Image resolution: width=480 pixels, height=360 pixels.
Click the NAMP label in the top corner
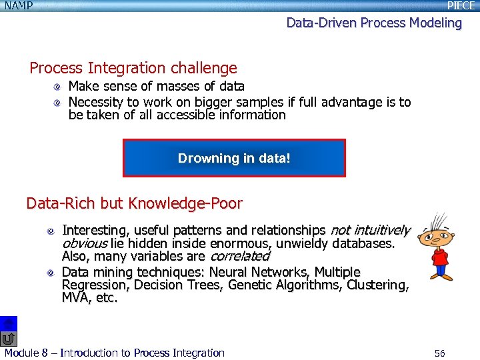(18, 6)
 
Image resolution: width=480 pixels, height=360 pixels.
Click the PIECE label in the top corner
(461, 6)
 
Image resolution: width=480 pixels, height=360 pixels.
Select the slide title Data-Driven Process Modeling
(373, 23)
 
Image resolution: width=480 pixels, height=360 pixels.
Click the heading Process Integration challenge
(133, 68)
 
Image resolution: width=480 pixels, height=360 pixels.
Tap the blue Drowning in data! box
(234, 158)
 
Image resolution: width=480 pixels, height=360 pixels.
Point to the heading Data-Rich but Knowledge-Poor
(134, 203)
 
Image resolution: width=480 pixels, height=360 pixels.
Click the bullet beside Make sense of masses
(58, 87)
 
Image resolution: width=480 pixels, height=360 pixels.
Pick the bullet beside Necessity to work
(58, 102)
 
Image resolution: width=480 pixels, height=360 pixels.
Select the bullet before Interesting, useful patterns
(51, 231)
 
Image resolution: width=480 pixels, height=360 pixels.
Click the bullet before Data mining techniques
(51, 273)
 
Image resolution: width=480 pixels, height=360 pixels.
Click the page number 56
(439, 353)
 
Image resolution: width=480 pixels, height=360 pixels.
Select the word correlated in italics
(240, 257)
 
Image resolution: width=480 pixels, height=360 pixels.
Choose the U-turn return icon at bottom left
(9, 339)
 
